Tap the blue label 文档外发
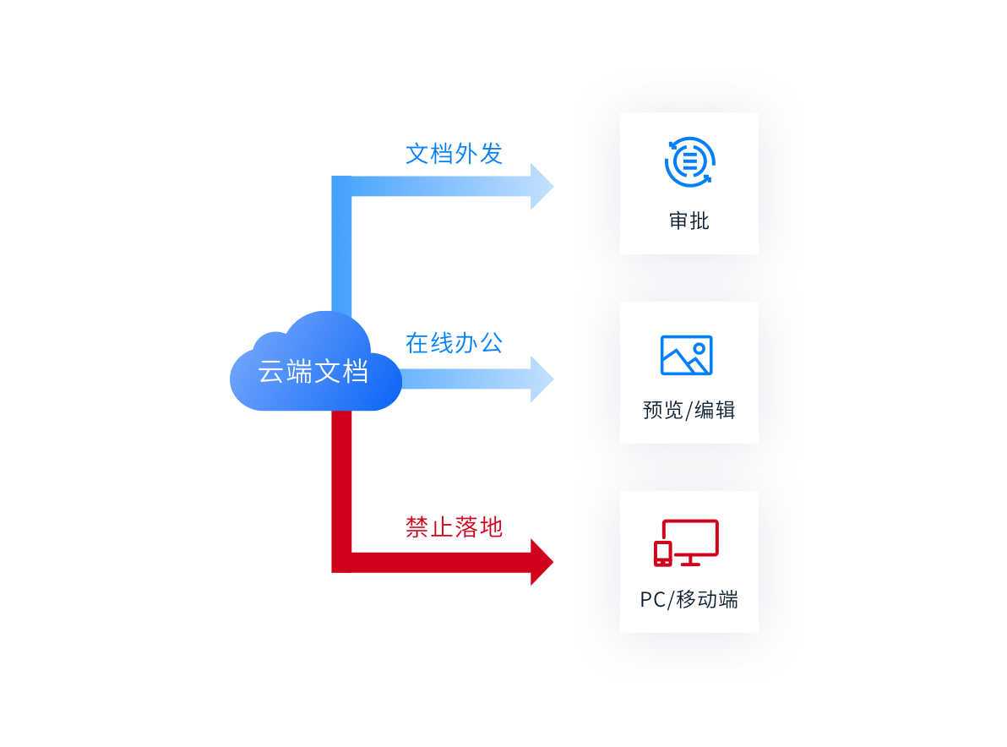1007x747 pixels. [x=454, y=153]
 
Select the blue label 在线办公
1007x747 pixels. [x=454, y=342]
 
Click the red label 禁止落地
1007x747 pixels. [x=454, y=527]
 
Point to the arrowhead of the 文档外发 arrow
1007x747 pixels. [x=541, y=186]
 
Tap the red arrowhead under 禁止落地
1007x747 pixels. [x=541, y=562]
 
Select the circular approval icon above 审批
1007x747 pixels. [x=689, y=161]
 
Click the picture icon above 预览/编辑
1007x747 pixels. [x=686, y=355]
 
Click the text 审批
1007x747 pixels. [x=689, y=221]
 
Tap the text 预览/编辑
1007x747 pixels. [x=689, y=411]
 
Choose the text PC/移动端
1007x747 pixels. [x=689, y=600]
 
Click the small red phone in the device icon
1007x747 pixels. [x=663, y=553]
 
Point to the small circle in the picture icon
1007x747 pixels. [x=699, y=347]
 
